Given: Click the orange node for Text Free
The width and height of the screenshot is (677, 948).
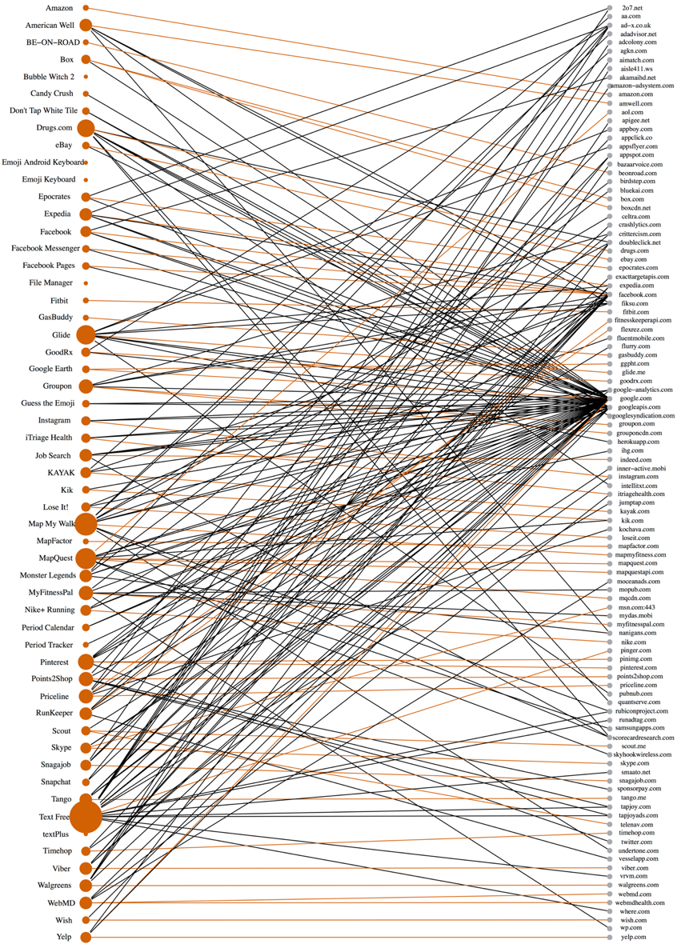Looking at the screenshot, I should tap(86, 817).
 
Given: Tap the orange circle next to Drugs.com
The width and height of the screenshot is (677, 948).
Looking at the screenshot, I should tap(86, 128).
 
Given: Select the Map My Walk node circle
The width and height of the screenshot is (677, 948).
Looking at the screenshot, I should tap(86, 524).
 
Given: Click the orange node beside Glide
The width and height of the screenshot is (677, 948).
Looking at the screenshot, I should tap(86, 334).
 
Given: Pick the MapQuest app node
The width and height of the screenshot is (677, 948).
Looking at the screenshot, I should tap(86, 558).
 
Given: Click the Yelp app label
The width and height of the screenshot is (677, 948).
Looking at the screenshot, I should tap(64, 937).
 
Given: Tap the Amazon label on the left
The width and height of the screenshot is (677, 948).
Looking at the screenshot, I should tap(59, 8).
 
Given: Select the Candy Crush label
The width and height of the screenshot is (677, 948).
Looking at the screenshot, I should tap(52, 94).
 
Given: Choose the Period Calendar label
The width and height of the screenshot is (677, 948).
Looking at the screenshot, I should tap(49, 627).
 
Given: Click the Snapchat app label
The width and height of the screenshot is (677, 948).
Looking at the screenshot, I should tap(55, 782).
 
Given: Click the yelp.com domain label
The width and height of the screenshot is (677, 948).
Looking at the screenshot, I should tap(632, 937).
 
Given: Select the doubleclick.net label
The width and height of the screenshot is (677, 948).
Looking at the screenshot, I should tap(639, 242).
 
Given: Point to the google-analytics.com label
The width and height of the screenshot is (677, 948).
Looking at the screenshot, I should tap(643, 390).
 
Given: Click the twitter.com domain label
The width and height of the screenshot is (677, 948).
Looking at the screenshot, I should tap(636, 842).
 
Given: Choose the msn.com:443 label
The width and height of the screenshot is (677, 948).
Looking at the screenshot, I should tap(637, 607).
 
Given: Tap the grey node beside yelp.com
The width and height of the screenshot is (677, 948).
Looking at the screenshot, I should tap(610, 937).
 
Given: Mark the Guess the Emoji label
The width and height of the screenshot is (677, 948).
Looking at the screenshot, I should tap(48, 403).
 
